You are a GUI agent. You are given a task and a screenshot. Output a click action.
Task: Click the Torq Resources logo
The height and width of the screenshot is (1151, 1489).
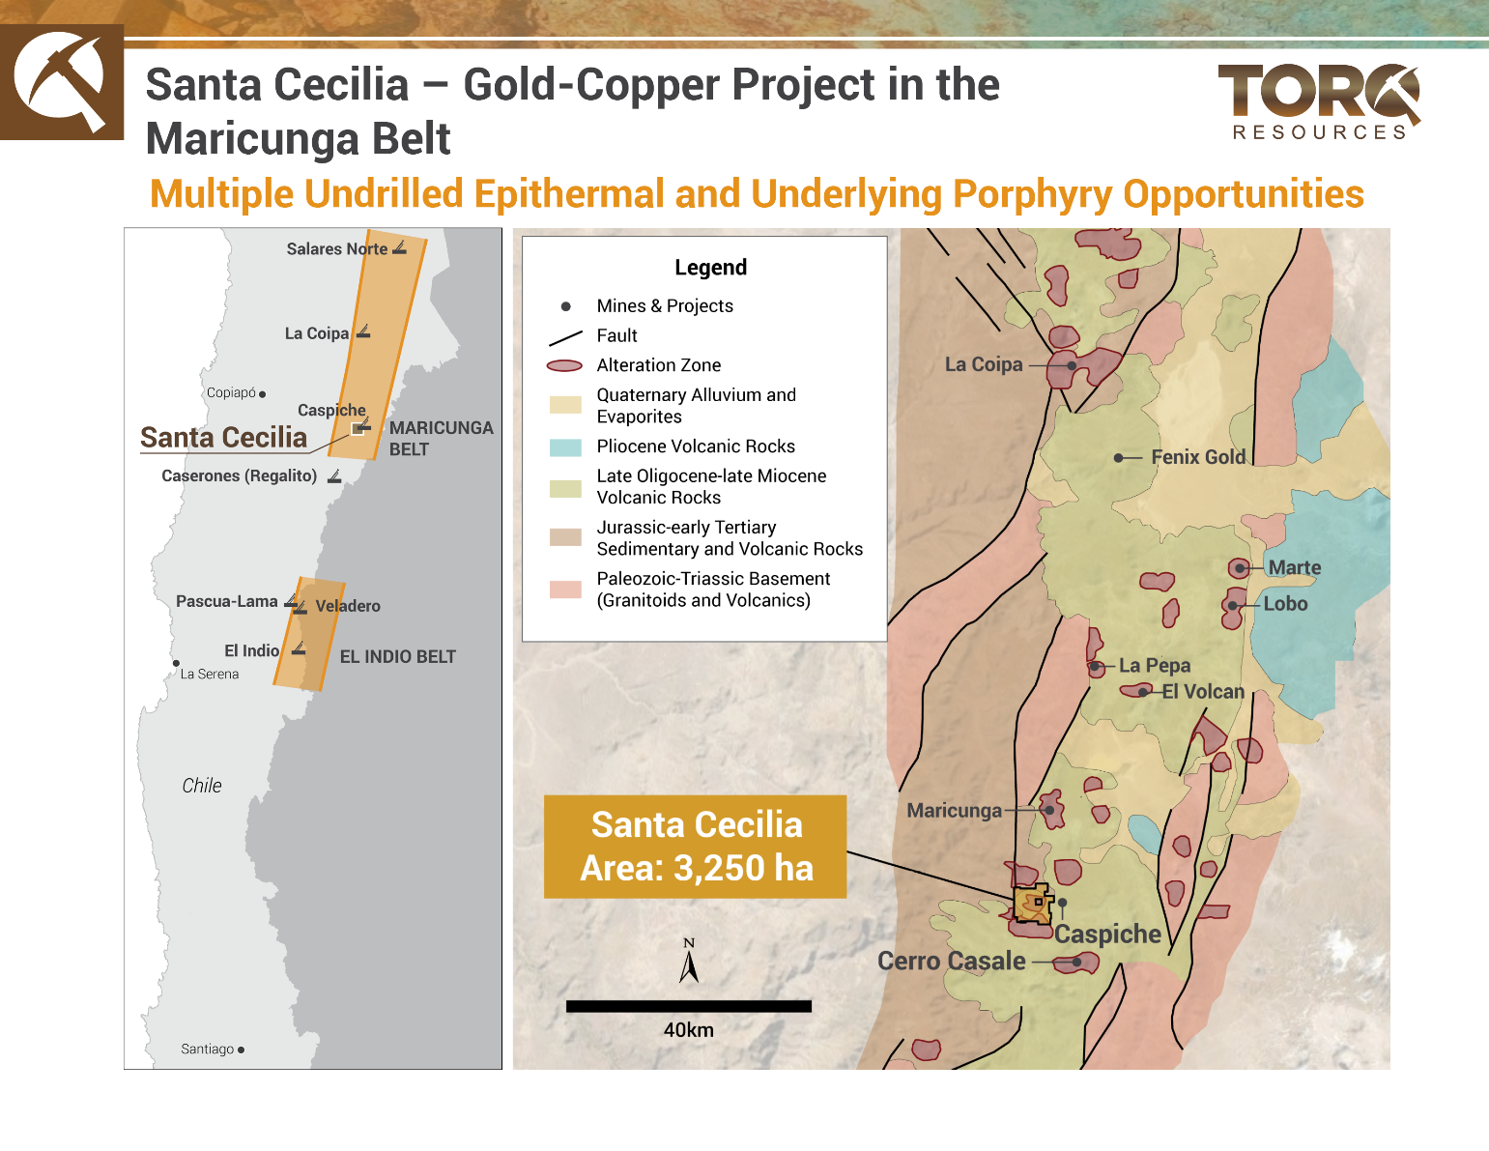pyautogui.click(x=1319, y=102)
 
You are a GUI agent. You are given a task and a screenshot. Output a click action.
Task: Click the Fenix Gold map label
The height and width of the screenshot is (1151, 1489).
pyautogui.click(x=1198, y=457)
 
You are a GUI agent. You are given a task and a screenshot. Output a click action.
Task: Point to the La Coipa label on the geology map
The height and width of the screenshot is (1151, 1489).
pyautogui.click(x=983, y=364)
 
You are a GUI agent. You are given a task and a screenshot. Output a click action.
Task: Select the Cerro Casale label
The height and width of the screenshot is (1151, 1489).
pyautogui.click(x=951, y=961)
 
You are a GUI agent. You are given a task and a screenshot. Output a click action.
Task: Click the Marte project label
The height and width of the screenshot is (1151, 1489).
pyautogui.click(x=1294, y=567)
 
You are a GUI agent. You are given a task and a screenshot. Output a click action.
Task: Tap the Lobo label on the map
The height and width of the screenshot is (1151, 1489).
pyautogui.click(x=1285, y=604)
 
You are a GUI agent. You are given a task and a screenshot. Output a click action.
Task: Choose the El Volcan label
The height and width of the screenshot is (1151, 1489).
pyautogui.click(x=1203, y=692)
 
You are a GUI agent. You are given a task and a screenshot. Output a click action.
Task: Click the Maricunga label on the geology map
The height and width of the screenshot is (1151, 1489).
pyautogui.click(x=954, y=810)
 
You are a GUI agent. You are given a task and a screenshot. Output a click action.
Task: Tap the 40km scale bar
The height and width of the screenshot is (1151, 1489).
pyautogui.click(x=688, y=1006)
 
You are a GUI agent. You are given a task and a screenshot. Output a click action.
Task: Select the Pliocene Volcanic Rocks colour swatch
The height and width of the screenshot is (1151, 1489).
pyautogui.click(x=565, y=447)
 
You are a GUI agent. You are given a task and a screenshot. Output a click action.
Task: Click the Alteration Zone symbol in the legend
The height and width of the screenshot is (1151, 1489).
pyautogui.click(x=565, y=366)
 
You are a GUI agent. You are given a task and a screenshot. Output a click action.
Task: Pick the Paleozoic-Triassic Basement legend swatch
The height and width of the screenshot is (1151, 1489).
pyautogui.click(x=565, y=590)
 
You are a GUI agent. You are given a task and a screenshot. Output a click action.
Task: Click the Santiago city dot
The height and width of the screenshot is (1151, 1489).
pyautogui.click(x=241, y=1050)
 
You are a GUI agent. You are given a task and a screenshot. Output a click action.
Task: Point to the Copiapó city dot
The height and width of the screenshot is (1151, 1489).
pyautogui.click(x=262, y=394)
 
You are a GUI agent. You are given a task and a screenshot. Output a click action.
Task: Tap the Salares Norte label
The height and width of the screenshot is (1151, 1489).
pyautogui.click(x=336, y=249)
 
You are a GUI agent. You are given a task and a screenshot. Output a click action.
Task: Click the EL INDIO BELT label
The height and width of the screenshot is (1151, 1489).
pyautogui.click(x=397, y=657)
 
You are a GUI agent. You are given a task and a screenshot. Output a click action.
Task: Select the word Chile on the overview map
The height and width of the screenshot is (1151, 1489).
pyautogui.click(x=202, y=786)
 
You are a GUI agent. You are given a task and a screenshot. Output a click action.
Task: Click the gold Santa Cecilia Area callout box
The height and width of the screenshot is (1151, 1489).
pyautogui.click(x=696, y=847)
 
